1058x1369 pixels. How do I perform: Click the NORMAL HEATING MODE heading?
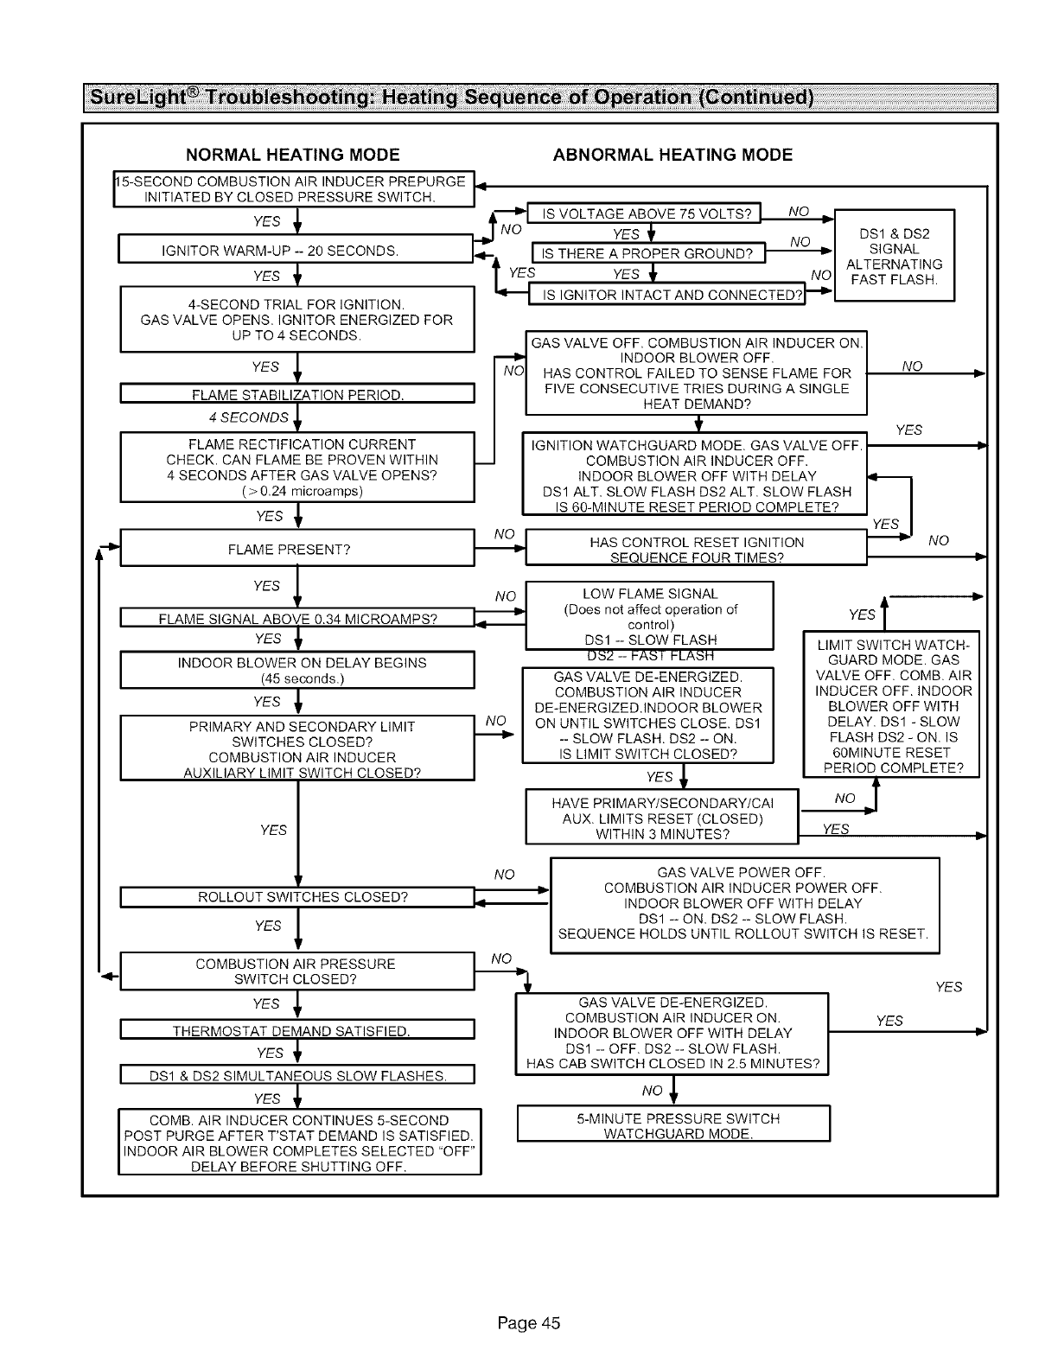[293, 156]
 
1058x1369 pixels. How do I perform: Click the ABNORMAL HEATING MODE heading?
[672, 156]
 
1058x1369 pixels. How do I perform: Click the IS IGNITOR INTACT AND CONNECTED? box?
[666, 296]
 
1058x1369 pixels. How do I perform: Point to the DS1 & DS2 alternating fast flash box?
[894, 257]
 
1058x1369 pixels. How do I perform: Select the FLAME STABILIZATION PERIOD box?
[296, 396]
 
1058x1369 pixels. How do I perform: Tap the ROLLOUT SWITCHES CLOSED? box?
[296, 897]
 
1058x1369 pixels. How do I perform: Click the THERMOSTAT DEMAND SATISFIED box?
[296, 1031]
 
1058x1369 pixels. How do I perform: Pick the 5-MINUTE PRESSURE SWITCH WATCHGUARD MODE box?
[673, 1125]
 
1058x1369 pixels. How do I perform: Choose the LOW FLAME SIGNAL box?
[649, 616]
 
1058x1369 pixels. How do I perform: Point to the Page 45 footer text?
[529, 1323]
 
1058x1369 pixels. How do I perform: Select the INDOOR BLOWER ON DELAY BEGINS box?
[296, 671]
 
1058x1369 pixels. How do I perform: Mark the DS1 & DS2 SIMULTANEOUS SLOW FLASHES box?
[296, 1076]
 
